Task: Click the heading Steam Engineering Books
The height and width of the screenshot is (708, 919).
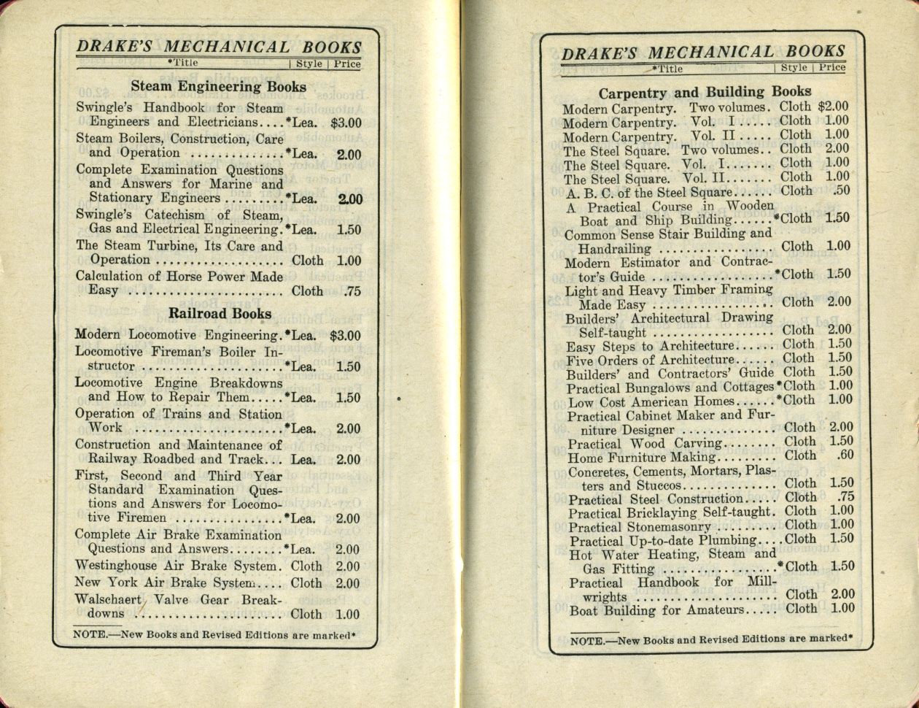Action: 219,87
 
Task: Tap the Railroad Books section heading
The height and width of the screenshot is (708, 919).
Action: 220,314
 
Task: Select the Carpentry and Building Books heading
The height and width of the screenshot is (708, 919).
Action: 705,93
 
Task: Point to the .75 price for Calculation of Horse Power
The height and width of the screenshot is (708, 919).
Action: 352,291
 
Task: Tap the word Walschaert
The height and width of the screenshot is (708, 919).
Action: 108,599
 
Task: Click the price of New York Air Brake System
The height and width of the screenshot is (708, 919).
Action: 347,584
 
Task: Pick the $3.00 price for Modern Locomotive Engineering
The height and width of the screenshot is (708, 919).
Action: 345,336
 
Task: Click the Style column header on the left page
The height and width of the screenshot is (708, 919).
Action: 309,64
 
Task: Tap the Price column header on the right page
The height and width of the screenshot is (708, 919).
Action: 831,68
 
